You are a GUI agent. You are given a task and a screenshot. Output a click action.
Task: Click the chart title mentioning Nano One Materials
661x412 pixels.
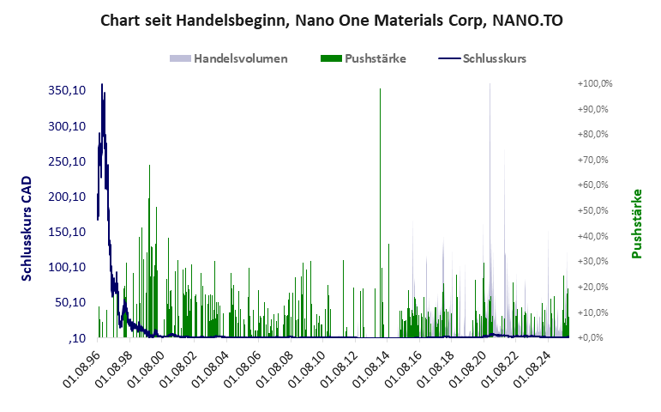[330, 20]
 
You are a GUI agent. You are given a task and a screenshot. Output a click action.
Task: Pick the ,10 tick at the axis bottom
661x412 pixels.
[78, 338]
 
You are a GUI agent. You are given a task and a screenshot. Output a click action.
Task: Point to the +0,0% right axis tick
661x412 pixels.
[598, 337]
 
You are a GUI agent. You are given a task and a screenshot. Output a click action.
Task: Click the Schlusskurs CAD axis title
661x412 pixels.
[27, 229]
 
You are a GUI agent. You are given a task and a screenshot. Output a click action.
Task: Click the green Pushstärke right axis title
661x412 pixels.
[636, 223]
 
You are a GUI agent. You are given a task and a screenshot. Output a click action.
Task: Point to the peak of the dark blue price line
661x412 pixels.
[102, 85]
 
